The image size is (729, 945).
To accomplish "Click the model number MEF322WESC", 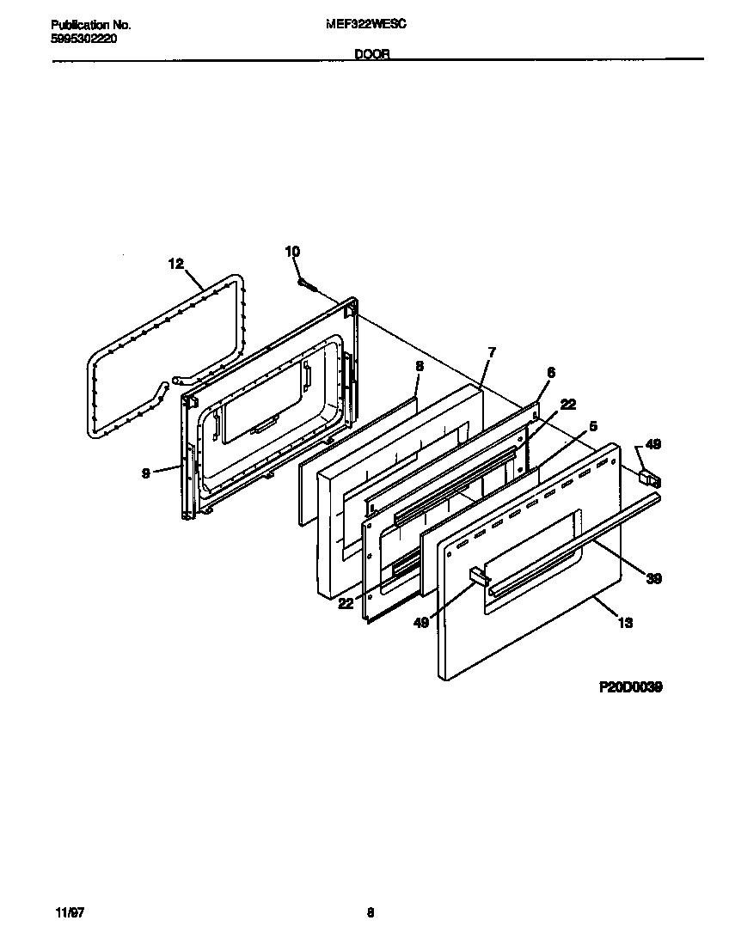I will (367, 26).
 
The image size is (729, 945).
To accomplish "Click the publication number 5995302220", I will (83, 40).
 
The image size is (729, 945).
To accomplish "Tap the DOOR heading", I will (371, 53).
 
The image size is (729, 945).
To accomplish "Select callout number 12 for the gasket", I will (175, 265).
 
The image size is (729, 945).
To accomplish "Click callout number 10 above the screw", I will (292, 251).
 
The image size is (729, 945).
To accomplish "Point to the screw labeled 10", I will (304, 281).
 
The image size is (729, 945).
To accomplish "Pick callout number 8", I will (419, 365).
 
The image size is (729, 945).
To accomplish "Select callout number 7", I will (491, 352).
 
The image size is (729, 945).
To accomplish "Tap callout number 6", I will (550, 372).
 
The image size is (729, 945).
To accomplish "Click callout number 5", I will (593, 425).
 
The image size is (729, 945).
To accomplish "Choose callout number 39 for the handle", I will (652, 578).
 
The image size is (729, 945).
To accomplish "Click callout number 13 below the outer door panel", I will (625, 623).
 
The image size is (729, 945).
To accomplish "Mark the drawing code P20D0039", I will (630, 687).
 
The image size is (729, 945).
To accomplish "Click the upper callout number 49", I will (653, 444).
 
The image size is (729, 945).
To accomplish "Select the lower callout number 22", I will (346, 604).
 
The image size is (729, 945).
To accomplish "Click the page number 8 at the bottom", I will (371, 913).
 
